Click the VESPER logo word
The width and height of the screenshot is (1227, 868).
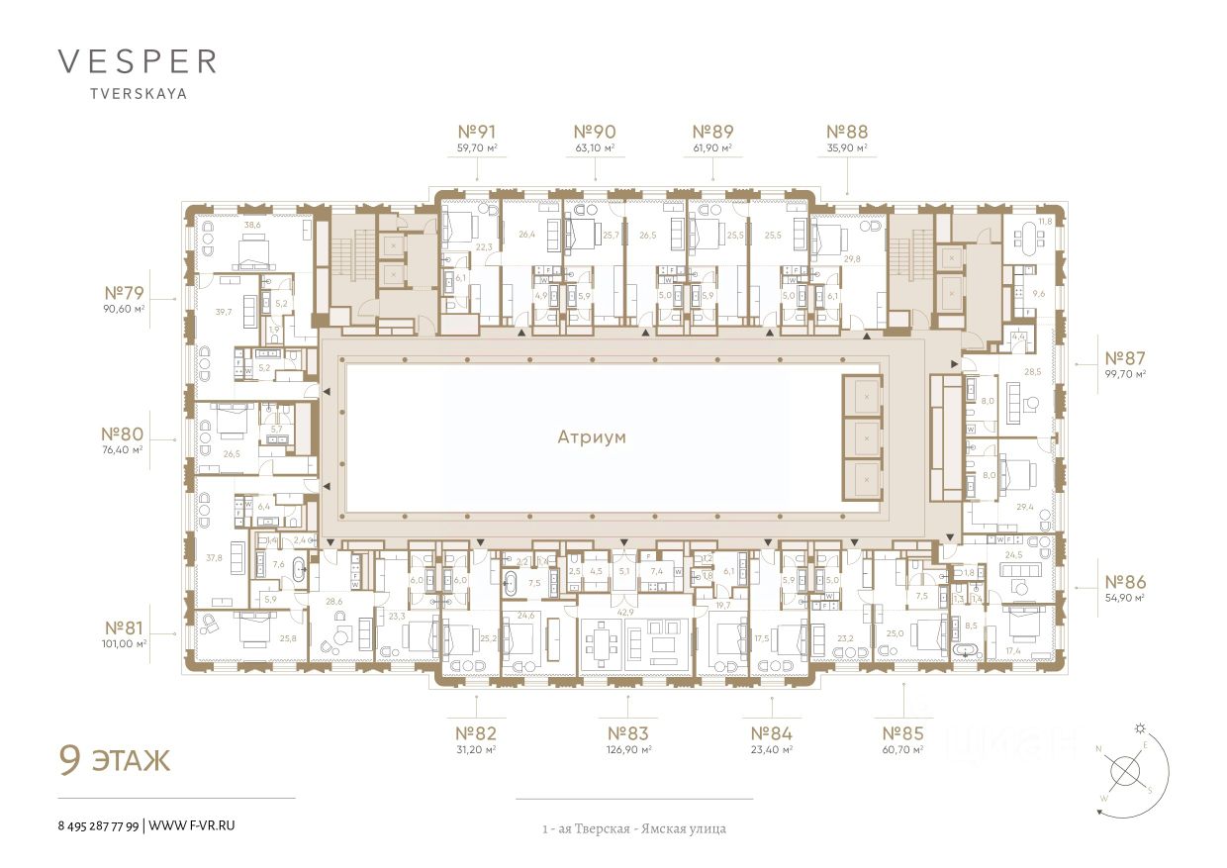(x=138, y=61)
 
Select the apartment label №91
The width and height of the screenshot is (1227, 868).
(x=476, y=131)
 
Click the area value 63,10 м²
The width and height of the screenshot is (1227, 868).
(x=595, y=148)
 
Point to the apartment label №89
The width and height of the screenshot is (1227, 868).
(x=712, y=131)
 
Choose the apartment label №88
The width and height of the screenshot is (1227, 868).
(x=847, y=131)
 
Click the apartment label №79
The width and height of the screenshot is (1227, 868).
(x=125, y=293)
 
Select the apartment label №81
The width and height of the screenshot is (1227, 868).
(x=125, y=627)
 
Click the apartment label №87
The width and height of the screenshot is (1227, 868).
(x=1124, y=357)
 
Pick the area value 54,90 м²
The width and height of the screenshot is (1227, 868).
(x=1124, y=598)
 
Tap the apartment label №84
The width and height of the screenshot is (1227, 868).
(x=772, y=733)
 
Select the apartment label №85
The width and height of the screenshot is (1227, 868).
(x=903, y=733)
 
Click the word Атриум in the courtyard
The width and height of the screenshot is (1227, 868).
(x=592, y=436)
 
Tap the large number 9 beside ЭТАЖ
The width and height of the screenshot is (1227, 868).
(x=70, y=760)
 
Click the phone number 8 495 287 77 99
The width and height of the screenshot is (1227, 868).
(x=99, y=824)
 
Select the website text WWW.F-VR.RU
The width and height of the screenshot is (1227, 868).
(x=192, y=824)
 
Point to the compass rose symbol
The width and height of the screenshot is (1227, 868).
(x=1126, y=770)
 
